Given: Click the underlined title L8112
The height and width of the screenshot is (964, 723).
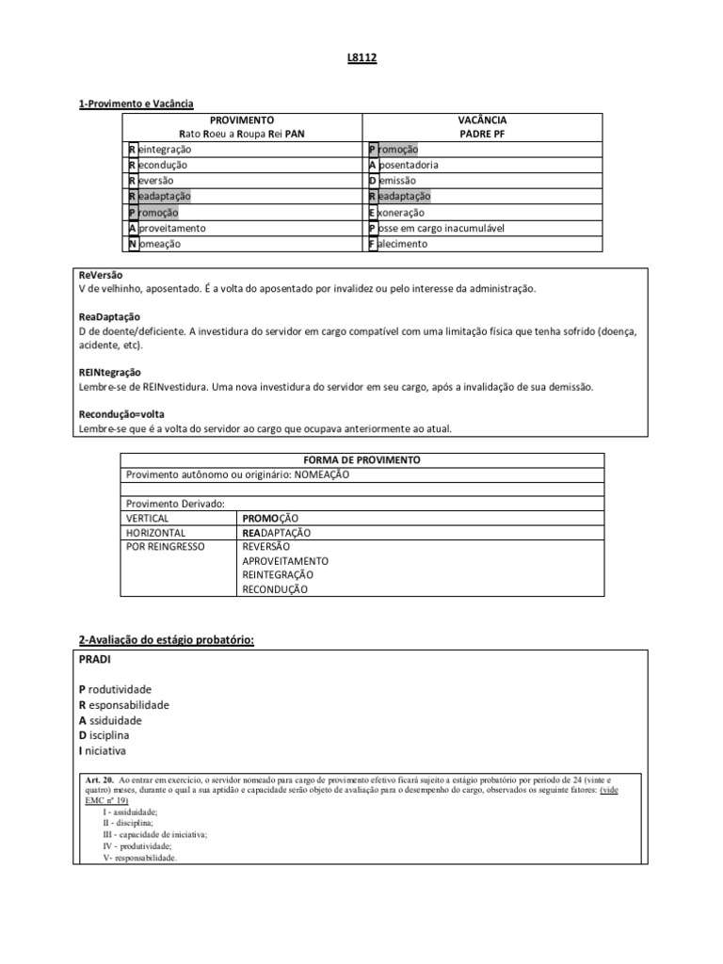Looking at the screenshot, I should (x=361, y=58).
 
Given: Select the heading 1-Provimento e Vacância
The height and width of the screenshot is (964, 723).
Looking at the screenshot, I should (x=136, y=104).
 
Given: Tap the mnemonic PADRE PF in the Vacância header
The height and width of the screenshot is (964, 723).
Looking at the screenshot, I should (x=483, y=134).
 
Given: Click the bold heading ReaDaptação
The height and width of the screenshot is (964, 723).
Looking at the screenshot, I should (x=109, y=317).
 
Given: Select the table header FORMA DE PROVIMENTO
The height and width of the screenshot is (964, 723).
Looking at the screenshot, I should (x=362, y=459).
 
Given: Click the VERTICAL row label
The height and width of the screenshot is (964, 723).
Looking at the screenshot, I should (x=148, y=518).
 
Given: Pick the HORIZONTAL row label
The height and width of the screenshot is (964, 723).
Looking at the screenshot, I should (x=154, y=532).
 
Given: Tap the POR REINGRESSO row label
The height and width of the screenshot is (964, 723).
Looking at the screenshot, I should (x=165, y=546).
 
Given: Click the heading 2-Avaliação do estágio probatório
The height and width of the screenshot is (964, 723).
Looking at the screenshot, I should (x=167, y=640).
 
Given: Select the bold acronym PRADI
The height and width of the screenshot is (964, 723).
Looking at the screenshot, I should (x=95, y=659).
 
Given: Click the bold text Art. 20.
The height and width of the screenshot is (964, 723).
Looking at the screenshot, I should (x=100, y=780).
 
